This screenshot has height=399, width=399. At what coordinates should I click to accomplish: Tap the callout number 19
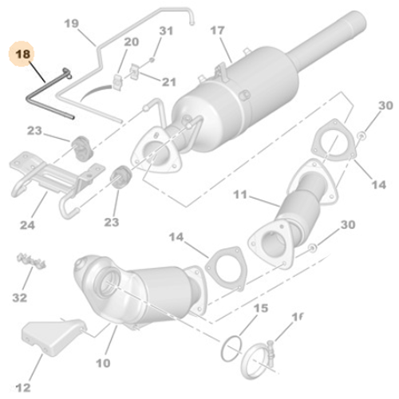tap(72, 25)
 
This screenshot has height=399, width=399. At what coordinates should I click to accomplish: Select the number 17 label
tap(217, 32)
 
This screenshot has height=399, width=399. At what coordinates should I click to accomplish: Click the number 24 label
tap(27, 226)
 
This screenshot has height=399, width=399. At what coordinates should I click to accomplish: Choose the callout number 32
tap(20, 298)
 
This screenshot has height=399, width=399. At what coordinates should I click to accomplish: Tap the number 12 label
tap(25, 388)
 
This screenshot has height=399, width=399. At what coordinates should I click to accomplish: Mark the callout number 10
tap(104, 363)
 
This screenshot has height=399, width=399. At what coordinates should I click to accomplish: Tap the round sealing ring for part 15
tap(231, 344)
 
